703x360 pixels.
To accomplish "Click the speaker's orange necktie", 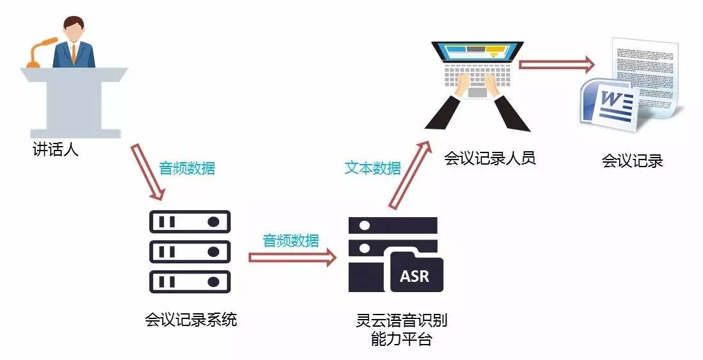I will pyautogui.click(x=74, y=53).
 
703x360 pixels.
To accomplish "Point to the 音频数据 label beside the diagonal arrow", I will pyautogui.click(x=186, y=168).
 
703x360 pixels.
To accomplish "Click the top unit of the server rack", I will pyautogui.click(x=189, y=222).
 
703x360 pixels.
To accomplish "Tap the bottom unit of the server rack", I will pyautogui.click(x=189, y=281).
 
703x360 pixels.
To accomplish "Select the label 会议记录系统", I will pyautogui.click(x=191, y=318).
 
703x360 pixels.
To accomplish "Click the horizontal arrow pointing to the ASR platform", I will pyautogui.click(x=292, y=258).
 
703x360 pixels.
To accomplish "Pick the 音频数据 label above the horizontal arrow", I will pyautogui.click(x=290, y=241).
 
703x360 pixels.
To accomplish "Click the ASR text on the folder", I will pyautogui.click(x=415, y=276).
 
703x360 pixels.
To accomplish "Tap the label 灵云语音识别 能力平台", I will pyautogui.click(x=401, y=329).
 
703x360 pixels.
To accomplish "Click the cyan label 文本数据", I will pyautogui.click(x=372, y=168).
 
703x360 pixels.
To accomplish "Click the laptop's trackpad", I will pyautogui.click(x=477, y=92).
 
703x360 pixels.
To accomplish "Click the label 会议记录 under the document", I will pyautogui.click(x=632, y=161).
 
